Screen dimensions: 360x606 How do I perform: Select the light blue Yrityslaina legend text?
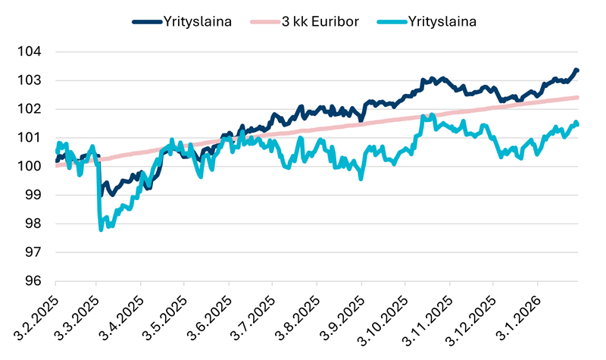443,21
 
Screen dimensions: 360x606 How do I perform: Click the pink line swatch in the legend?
263,22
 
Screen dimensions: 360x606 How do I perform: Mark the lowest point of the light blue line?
101,228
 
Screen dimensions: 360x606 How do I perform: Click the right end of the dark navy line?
577,70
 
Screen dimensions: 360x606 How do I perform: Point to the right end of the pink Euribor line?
578,97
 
